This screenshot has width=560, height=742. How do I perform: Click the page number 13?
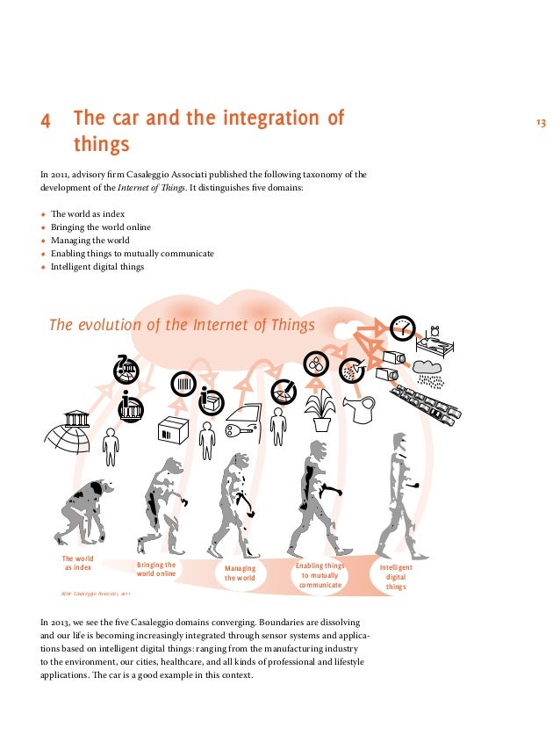(x=541, y=122)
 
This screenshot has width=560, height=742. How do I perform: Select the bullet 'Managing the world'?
(x=90, y=240)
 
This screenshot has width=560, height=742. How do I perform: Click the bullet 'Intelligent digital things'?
(x=97, y=266)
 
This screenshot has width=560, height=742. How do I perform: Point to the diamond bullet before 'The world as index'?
(x=42, y=214)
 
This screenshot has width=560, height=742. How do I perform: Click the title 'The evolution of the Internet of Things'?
(x=181, y=325)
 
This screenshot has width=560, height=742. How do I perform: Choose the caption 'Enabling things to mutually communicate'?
(x=319, y=576)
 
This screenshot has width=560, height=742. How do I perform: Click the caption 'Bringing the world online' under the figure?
(x=156, y=569)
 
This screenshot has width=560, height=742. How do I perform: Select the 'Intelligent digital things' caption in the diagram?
(x=396, y=577)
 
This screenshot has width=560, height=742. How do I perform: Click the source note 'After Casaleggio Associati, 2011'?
(x=96, y=594)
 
